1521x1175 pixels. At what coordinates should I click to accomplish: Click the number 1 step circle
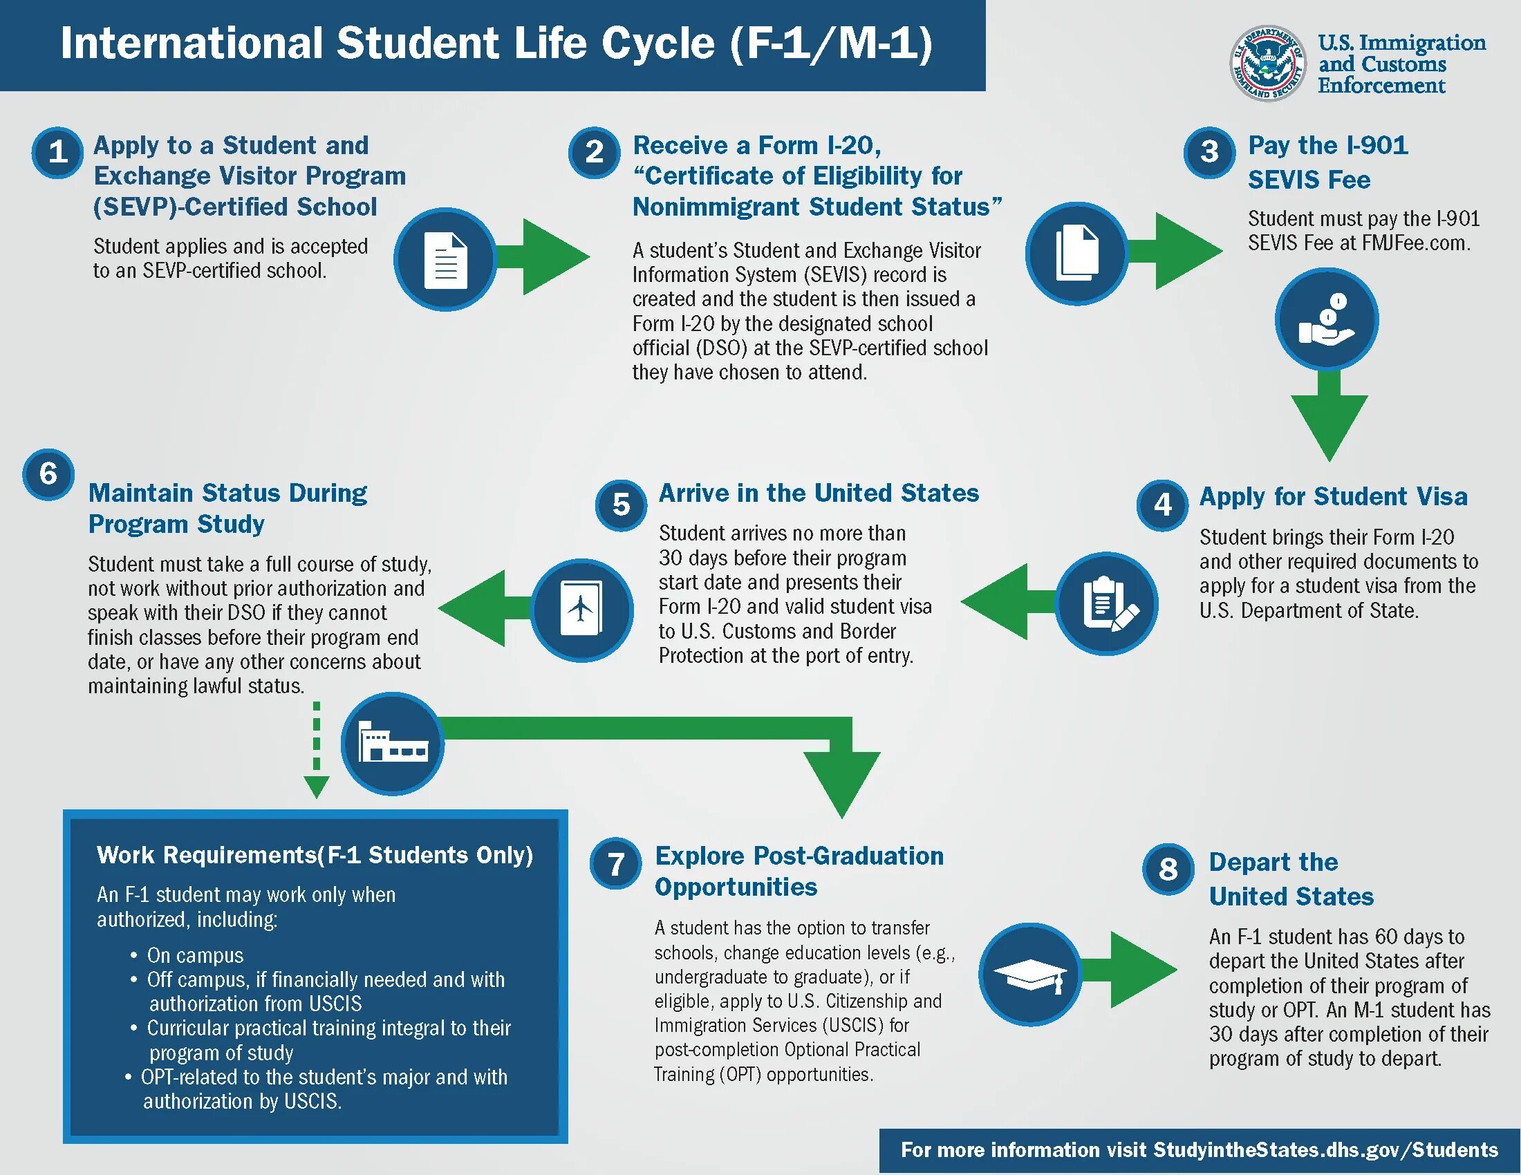[57, 152]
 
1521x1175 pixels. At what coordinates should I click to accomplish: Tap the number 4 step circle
[1162, 504]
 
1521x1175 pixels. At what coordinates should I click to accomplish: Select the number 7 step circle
[615, 864]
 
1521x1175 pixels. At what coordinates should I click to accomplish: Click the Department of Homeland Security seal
[1267, 64]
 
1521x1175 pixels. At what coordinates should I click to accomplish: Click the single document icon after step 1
[445, 259]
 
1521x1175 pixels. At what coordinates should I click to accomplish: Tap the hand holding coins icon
[1327, 319]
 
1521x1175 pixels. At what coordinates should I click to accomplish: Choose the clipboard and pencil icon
[1107, 603]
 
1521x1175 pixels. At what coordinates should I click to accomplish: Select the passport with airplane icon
[581, 610]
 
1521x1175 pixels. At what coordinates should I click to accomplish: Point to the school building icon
[392, 744]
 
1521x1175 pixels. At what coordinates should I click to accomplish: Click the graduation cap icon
[1029, 974]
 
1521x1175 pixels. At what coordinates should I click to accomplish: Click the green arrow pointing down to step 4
[1329, 417]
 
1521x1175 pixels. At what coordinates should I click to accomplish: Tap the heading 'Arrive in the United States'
[819, 493]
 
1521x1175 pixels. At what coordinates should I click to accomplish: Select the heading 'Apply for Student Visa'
[1333, 496]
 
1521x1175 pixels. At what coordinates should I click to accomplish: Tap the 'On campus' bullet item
[195, 955]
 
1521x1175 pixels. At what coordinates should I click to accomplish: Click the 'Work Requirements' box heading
[315, 855]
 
